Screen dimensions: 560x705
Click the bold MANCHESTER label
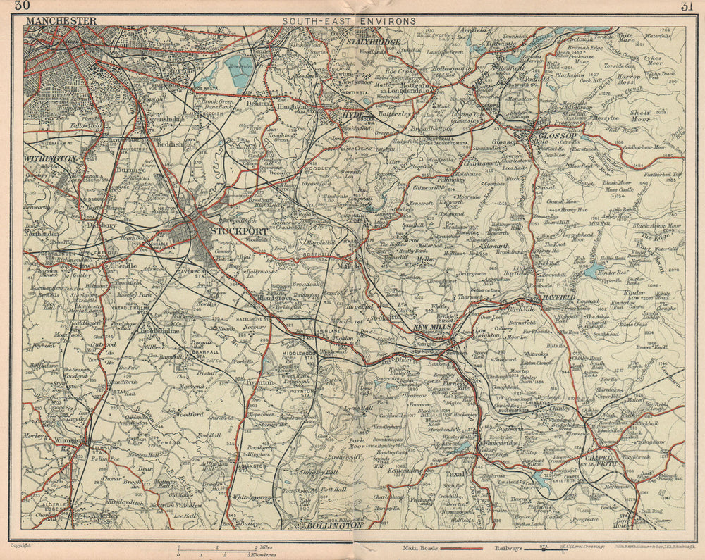pos(61,22)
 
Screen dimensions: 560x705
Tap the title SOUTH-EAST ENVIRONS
pos(349,22)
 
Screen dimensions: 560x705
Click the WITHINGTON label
pos(49,160)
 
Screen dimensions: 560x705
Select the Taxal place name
pos(455,474)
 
